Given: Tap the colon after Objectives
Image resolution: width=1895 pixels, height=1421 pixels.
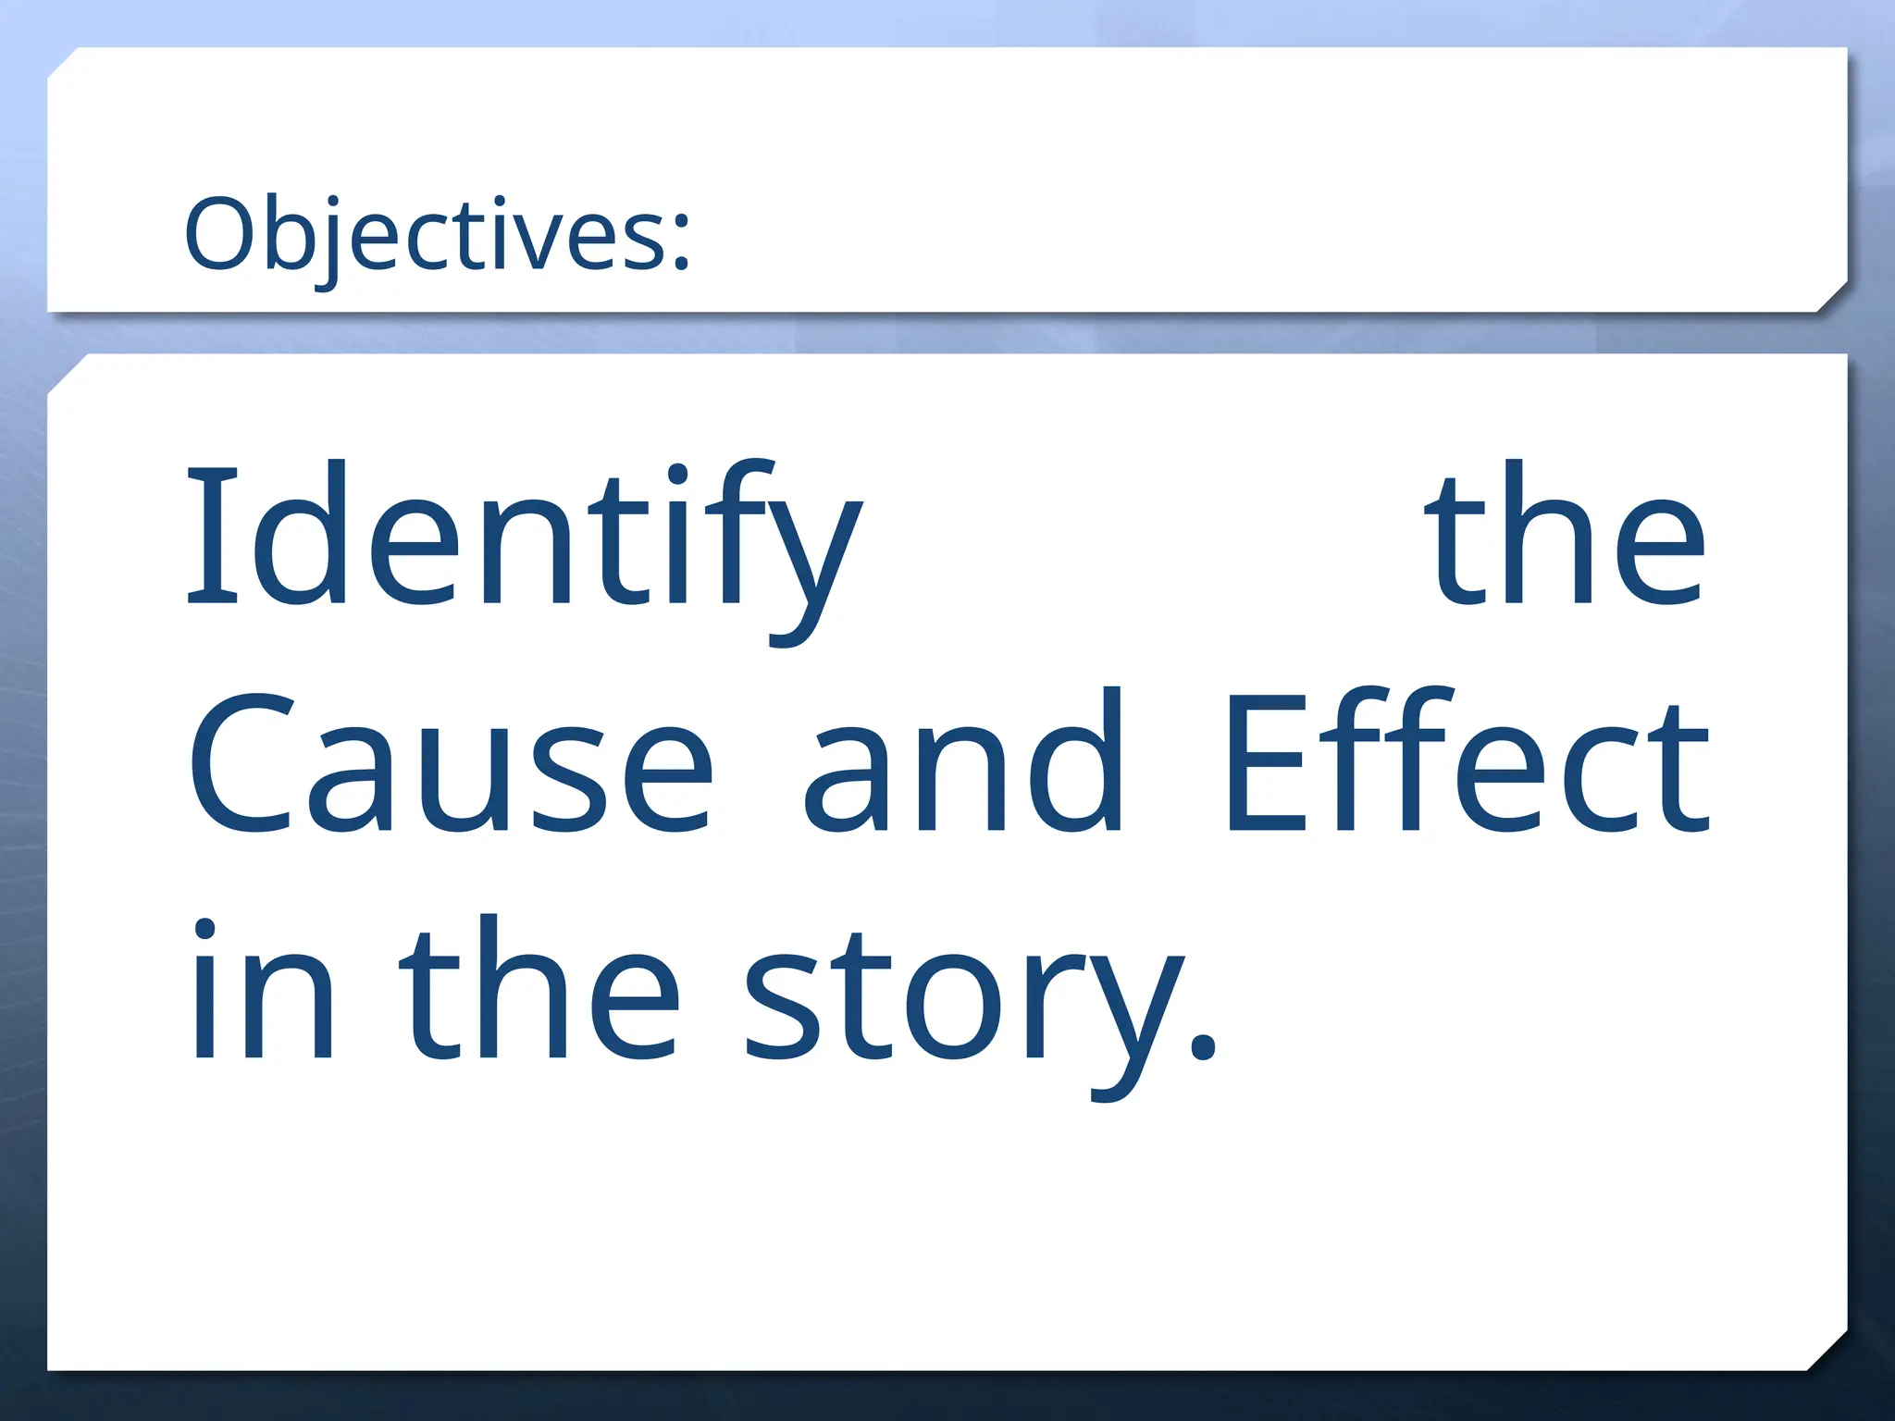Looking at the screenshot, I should [x=681, y=242].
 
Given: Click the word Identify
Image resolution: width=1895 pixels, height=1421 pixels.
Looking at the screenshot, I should [x=524, y=546].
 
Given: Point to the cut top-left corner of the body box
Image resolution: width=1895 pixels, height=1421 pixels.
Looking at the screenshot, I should [x=67, y=374].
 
